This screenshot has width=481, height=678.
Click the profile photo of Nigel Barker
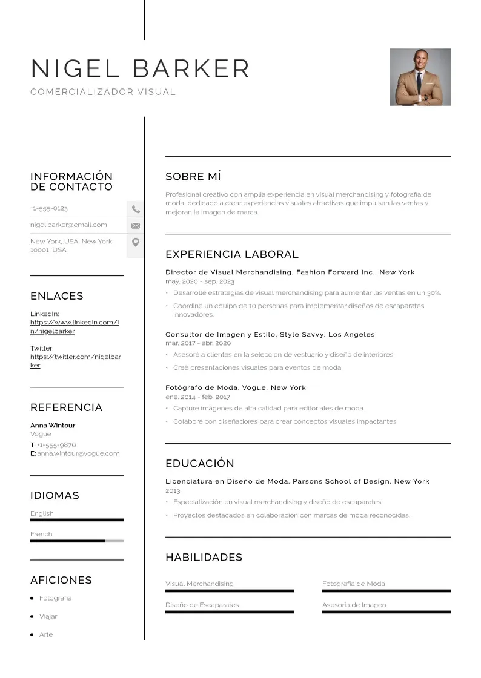[x=420, y=77]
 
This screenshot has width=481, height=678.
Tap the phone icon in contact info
[x=136, y=209]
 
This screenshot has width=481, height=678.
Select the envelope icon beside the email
[x=136, y=225]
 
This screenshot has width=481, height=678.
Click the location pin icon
[x=136, y=242]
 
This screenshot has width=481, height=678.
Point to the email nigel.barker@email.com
[x=68, y=225]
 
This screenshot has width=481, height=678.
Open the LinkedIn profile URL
[x=75, y=327]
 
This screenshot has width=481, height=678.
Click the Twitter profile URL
[x=75, y=361]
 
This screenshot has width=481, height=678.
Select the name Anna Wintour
[x=53, y=426]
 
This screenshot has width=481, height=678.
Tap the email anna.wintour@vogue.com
[x=78, y=453]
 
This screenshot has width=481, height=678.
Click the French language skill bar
[x=76, y=541]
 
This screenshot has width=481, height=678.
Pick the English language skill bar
[x=76, y=520]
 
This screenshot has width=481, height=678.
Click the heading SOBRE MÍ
[x=193, y=177]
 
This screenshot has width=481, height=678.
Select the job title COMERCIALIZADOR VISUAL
[x=103, y=92]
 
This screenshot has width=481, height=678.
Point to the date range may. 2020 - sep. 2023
[x=200, y=281]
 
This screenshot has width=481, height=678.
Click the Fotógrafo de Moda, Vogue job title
[x=235, y=387]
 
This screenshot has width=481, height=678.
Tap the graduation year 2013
[x=173, y=490]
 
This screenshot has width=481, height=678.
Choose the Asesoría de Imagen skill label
[x=354, y=605]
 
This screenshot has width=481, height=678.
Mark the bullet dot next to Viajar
[x=32, y=616]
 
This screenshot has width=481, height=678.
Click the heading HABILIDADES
[x=204, y=558]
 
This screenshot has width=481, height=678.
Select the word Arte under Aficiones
[x=46, y=634]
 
